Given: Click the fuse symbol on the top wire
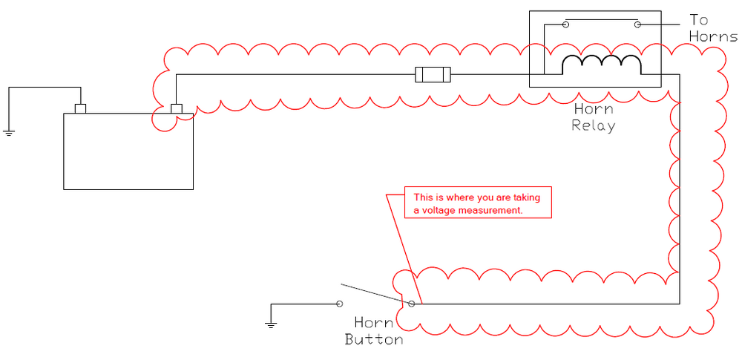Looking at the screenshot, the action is (x=433, y=74).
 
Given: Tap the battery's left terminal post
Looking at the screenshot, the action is (x=80, y=109).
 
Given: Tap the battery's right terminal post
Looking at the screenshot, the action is (x=177, y=109).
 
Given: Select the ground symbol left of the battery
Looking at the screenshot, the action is (x=8, y=132).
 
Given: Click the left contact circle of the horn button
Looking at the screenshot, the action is (x=339, y=304).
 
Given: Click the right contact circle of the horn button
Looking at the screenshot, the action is (x=412, y=304).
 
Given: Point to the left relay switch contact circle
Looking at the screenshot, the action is (x=565, y=24).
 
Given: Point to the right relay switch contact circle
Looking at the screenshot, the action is (x=637, y=24).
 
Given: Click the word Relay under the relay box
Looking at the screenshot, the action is (x=594, y=126).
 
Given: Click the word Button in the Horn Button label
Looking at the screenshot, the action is (x=374, y=340).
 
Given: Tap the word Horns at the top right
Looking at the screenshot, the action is (x=714, y=36).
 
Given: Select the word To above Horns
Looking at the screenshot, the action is (x=699, y=20).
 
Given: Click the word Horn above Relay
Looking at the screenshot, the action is (x=594, y=109).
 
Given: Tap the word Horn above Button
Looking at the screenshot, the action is (x=374, y=323).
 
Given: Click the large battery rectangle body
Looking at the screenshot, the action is (x=128, y=151).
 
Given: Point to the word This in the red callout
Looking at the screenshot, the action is (x=422, y=197).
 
